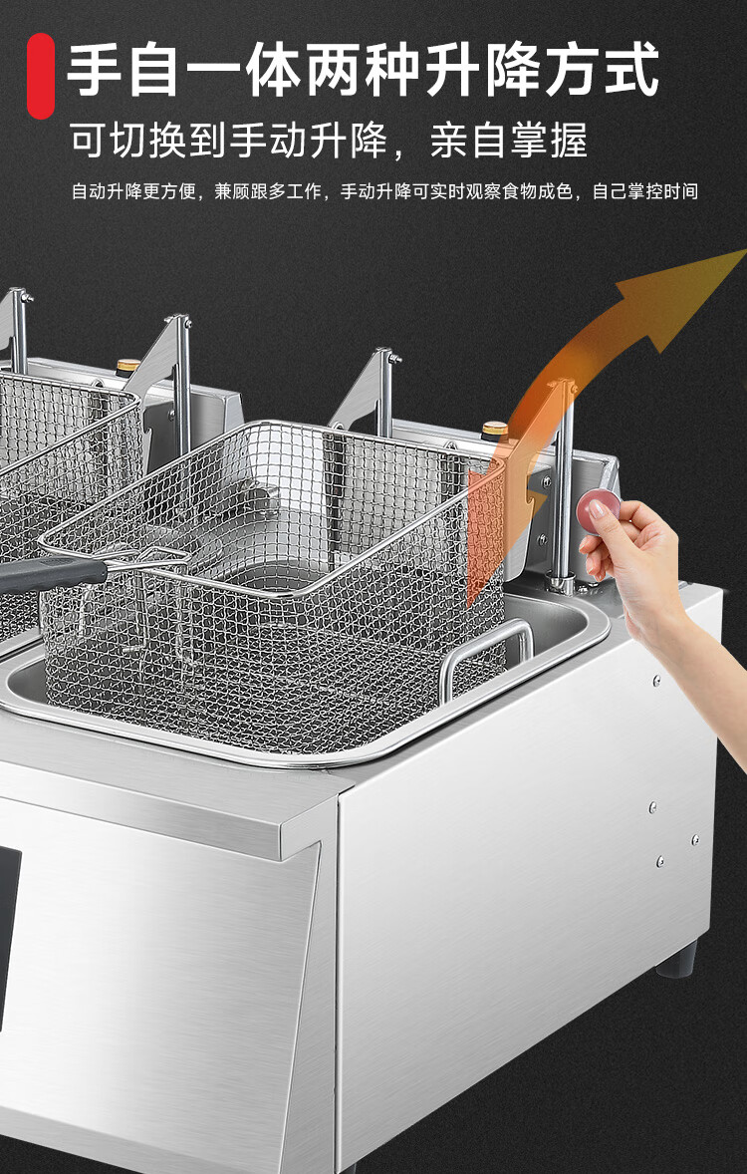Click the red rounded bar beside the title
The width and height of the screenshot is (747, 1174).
41,76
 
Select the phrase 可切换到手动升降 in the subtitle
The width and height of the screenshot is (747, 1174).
229,140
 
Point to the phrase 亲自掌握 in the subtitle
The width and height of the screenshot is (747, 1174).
509,140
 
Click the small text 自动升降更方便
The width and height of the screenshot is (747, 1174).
134,191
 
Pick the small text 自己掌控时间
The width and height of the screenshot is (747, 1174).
645,191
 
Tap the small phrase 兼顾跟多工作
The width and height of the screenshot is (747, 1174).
268,191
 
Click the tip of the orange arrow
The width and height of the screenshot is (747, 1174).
744,251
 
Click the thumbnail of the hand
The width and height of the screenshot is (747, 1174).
597,509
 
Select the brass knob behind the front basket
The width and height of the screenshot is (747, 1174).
495,431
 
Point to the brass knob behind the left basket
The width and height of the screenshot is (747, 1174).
128,367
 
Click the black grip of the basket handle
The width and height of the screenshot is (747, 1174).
53,574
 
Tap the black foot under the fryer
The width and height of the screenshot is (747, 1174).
676,959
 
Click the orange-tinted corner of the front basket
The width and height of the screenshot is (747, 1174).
486,524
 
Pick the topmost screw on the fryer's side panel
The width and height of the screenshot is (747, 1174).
656,682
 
